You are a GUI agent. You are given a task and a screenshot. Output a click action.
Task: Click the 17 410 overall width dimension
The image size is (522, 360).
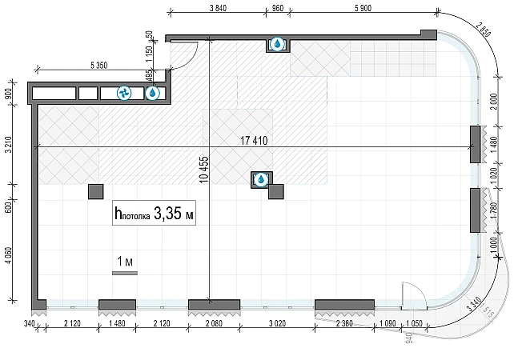pyautogui.click(x=254, y=141)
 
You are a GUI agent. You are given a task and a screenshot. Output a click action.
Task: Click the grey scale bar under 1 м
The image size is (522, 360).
pyautogui.click(x=125, y=273)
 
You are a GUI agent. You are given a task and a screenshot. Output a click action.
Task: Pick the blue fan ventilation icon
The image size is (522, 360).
pyautogui.click(x=125, y=94)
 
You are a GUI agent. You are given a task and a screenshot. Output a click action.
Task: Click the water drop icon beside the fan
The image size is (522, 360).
pyautogui.click(x=152, y=94)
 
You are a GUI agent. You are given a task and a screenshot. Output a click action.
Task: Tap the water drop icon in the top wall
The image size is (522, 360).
pyautogui.click(x=277, y=45)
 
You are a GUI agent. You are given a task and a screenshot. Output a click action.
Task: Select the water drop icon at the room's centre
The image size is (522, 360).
pyautogui.click(x=260, y=179)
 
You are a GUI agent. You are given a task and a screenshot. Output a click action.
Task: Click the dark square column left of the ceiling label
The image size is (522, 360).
pyautogui.click(x=95, y=192)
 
